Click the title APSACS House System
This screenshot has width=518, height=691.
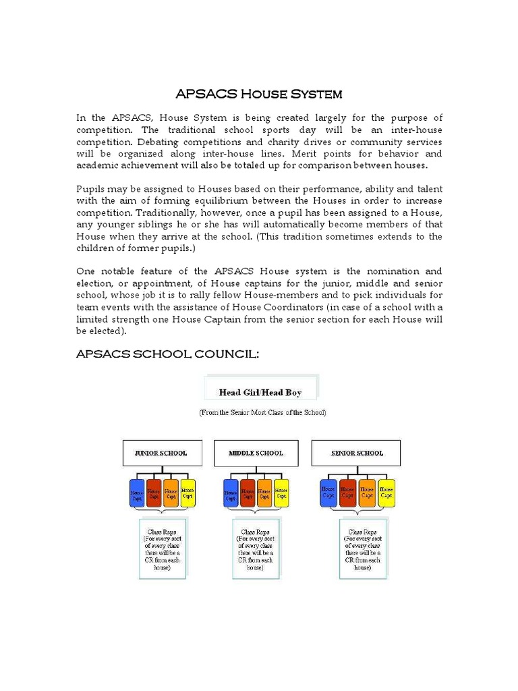259,93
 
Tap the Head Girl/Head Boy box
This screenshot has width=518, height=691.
260,392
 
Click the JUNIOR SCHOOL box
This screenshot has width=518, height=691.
162,453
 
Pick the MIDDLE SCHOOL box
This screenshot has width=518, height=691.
256,453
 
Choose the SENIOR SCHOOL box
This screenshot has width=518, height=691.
356,453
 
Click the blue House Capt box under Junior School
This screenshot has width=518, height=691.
137,493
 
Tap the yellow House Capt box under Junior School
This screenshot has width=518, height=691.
188,493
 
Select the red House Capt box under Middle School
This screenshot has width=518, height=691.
247,493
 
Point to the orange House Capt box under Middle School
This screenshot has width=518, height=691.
264,493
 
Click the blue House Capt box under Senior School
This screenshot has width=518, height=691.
328,493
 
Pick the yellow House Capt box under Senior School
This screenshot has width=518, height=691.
386,493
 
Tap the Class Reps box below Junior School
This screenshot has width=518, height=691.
162,549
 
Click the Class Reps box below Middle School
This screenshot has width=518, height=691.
256,549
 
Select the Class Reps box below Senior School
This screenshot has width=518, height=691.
363,549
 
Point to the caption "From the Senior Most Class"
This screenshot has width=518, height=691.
262,412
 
